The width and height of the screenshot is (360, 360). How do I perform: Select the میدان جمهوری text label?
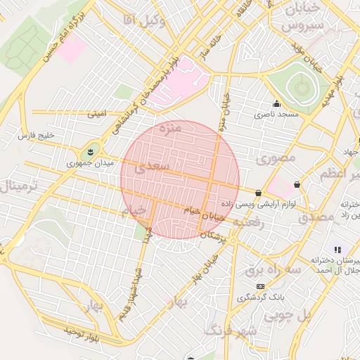(x=84, y=164)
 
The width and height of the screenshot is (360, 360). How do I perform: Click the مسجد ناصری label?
(x=276, y=113)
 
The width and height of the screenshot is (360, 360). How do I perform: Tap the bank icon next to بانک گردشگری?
(x=261, y=287)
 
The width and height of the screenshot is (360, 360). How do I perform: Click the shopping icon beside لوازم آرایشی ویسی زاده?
(x=259, y=193)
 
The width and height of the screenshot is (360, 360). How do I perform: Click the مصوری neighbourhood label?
(x=276, y=159)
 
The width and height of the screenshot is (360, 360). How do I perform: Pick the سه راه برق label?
(x=274, y=269)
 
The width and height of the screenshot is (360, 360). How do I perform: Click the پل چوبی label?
(x=288, y=316)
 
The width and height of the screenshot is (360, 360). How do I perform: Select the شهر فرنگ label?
(x=230, y=329)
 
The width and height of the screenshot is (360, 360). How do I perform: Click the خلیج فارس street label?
(x=37, y=134)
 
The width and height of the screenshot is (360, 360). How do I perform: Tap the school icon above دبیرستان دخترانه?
(x=338, y=250)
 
